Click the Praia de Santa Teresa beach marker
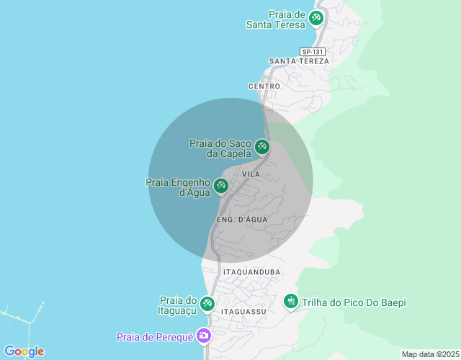[315, 18]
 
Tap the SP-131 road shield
[313, 52]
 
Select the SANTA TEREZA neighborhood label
[298, 62]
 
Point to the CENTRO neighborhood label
[264, 86]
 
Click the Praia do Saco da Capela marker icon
[262, 148]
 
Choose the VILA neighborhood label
[251, 175]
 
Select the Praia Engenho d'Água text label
[178, 187]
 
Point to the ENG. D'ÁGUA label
[241, 219]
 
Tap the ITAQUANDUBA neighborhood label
[251, 272]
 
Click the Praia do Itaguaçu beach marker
[207, 305]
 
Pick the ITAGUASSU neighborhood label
[244, 312]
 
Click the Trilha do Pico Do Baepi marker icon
[291, 300]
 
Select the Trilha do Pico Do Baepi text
[354, 303]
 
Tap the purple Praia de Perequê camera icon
[204, 336]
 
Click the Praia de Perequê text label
[156, 337]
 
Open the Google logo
[24, 351]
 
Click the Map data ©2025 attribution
[430, 354]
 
